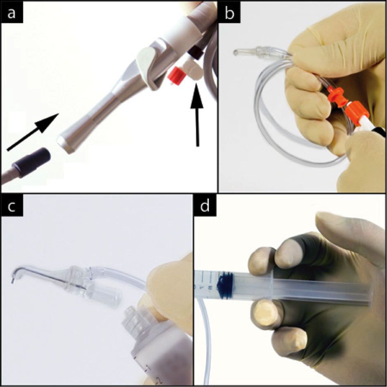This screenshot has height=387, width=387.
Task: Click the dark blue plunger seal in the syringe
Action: [x=225, y=281]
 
